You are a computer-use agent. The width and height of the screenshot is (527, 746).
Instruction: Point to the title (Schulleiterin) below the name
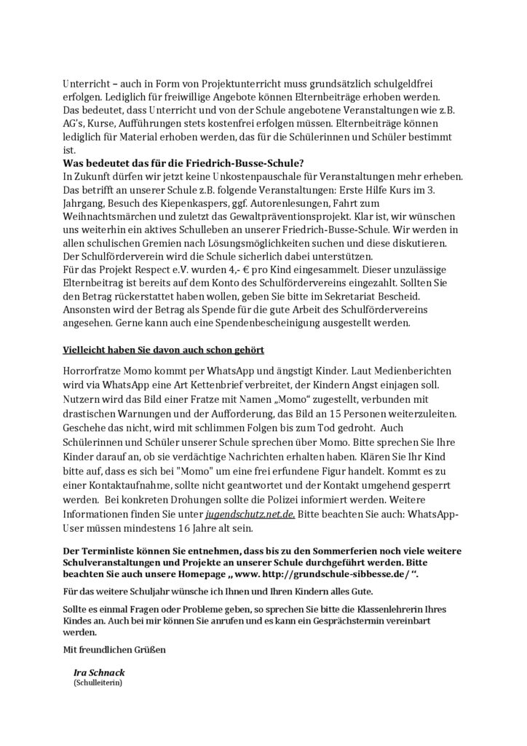98,685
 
